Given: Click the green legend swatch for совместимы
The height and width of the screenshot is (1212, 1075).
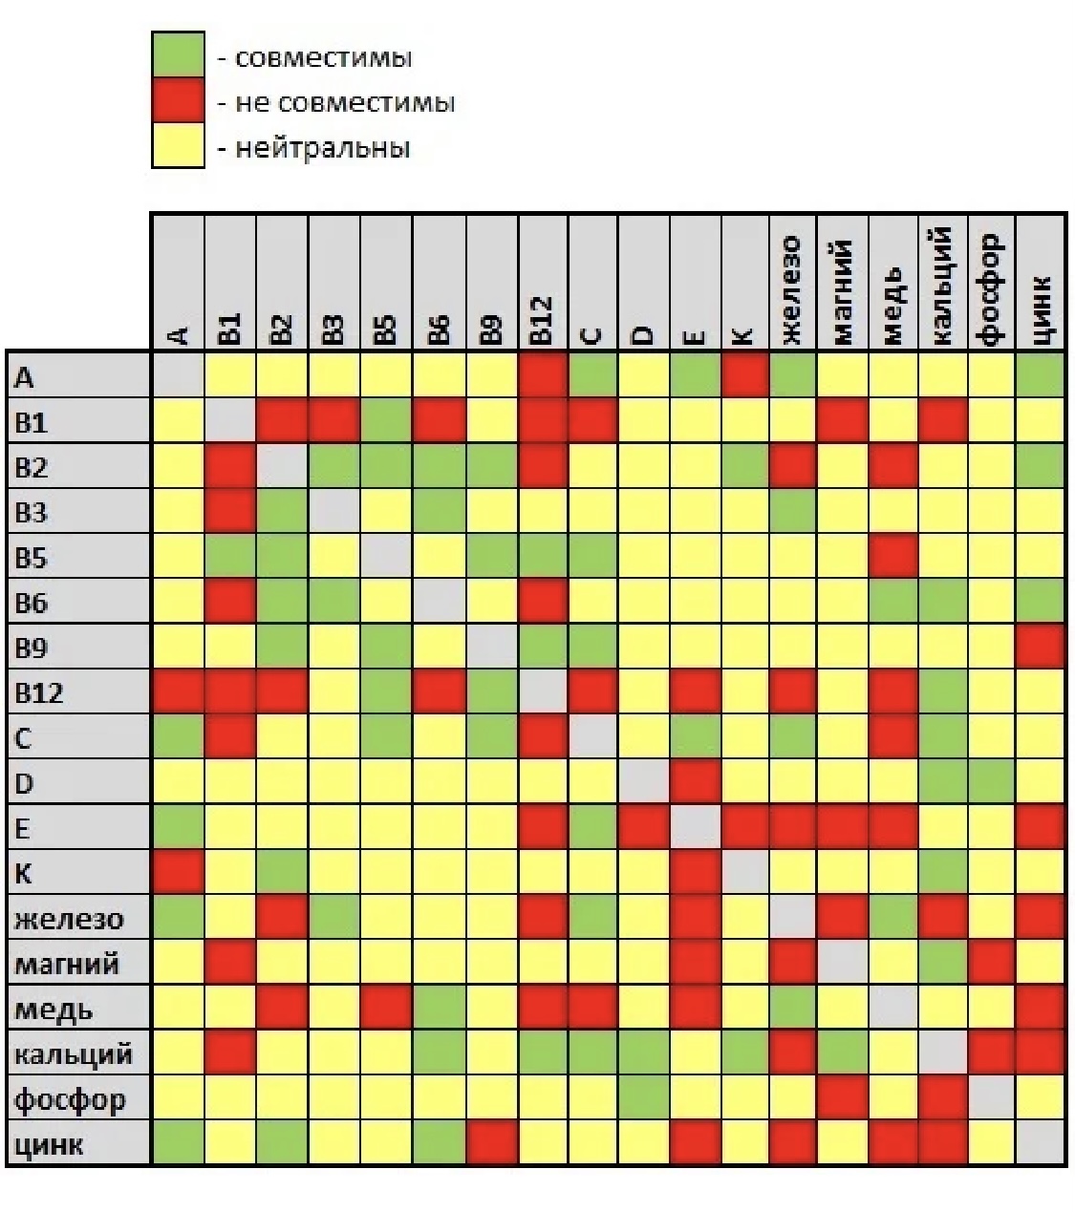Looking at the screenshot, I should [x=178, y=54].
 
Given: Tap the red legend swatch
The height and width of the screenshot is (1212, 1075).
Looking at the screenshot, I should [x=178, y=100].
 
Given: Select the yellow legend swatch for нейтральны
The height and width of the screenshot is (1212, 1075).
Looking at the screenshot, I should [x=178, y=145].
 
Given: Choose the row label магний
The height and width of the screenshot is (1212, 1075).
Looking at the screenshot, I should [x=67, y=963].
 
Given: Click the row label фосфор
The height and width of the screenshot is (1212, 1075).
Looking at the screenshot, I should [x=70, y=1099].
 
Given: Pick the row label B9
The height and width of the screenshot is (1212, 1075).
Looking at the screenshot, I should [x=31, y=648].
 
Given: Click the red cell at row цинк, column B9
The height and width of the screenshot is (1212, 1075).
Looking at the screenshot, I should [x=492, y=1143].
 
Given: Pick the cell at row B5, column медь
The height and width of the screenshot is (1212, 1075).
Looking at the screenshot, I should [x=893, y=557].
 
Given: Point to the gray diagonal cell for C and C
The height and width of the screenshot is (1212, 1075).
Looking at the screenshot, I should [x=593, y=737].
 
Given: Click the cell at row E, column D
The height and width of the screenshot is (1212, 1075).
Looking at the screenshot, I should [x=643, y=827].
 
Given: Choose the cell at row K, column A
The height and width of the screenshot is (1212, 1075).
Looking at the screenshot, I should [x=178, y=872].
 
